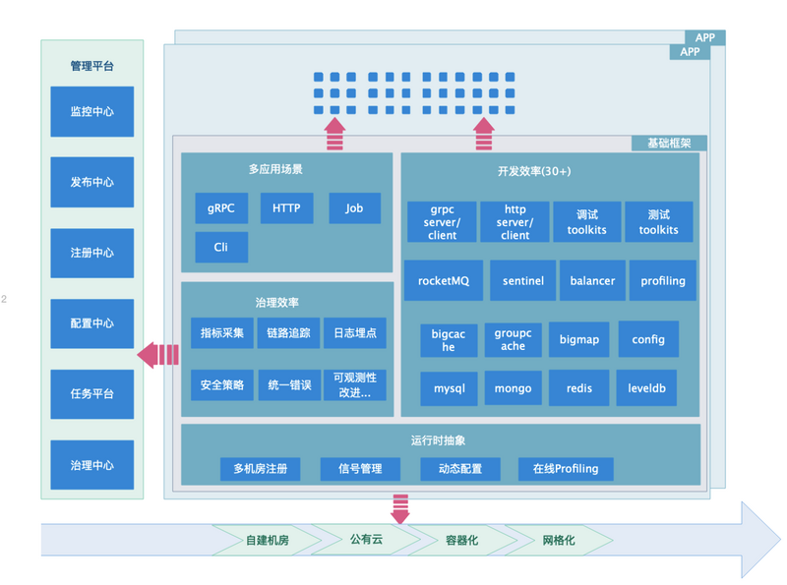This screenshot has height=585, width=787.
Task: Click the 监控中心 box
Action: click(x=92, y=112)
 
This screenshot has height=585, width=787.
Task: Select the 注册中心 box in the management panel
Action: click(x=92, y=253)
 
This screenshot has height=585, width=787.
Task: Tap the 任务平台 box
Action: click(x=92, y=393)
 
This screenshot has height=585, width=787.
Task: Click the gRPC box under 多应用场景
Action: click(x=221, y=208)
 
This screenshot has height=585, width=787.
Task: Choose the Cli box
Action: click(x=221, y=247)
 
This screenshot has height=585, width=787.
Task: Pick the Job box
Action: click(x=354, y=208)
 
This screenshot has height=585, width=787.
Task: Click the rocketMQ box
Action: click(x=444, y=281)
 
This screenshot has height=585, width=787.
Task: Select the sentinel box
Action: click(x=523, y=281)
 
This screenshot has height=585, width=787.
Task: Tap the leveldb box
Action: click(x=647, y=388)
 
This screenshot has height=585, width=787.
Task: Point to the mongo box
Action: click(x=513, y=388)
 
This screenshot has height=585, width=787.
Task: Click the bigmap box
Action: click(x=579, y=339)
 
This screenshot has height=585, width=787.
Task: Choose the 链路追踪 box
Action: click(x=289, y=333)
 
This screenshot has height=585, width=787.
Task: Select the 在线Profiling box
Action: click(x=566, y=469)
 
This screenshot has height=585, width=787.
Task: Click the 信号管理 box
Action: click(x=359, y=469)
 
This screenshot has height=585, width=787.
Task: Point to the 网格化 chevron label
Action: click(x=559, y=541)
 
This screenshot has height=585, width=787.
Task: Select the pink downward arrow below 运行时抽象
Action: click(x=400, y=509)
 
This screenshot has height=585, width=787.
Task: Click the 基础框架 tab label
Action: click(x=669, y=144)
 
